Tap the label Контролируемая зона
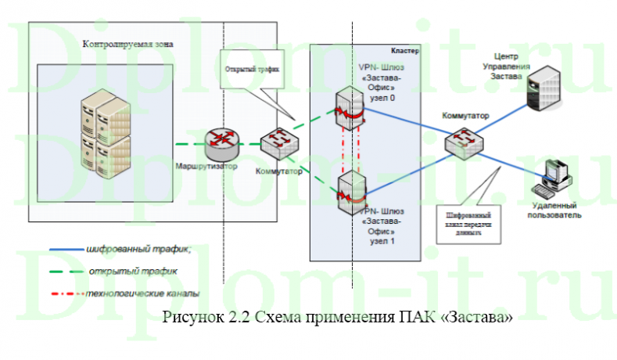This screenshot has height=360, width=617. (x=128, y=45)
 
